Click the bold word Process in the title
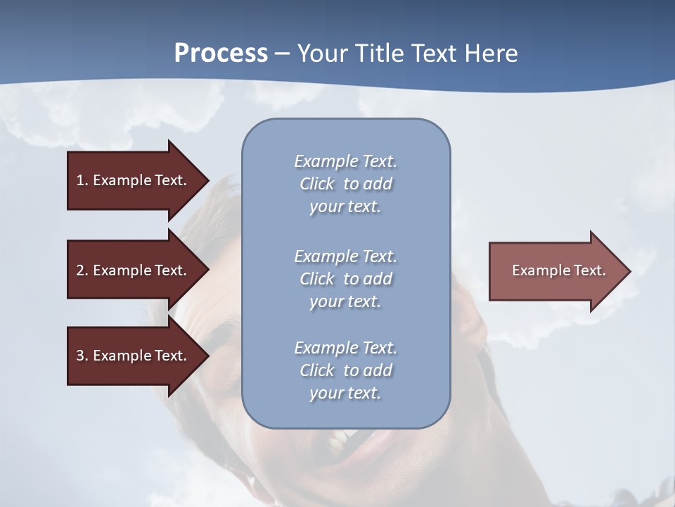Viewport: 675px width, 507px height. coord(221,54)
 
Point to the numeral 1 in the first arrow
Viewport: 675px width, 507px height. coord(80,180)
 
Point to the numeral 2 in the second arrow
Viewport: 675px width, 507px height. coord(80,270)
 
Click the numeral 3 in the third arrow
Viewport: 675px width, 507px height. coord(80,356)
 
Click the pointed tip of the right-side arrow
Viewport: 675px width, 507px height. coord(627,271)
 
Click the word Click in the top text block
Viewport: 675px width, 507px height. coord(317,184)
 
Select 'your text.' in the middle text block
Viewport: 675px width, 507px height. coord(345,301)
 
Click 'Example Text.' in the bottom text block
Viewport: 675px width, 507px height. coord(345,348)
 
